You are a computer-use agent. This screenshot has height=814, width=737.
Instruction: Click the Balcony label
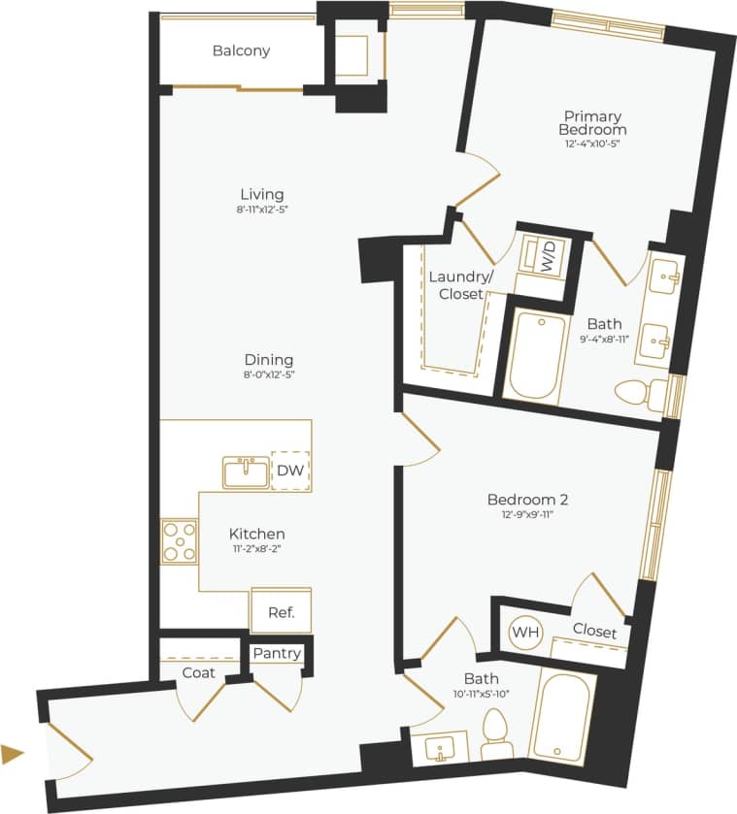[241, 50]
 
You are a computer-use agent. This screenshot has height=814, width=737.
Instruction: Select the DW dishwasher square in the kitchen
[290, 471]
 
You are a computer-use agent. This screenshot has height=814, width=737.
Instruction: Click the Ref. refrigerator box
[281, 611]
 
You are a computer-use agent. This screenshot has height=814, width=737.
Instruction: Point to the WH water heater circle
[525, 633]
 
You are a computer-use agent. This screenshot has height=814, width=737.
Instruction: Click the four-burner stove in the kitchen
[179, 541]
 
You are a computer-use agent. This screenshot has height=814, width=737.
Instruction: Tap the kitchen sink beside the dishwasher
[246, 472]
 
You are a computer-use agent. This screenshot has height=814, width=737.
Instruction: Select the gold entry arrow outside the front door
[13, 753]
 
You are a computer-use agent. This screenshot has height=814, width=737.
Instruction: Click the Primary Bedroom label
[591, 123]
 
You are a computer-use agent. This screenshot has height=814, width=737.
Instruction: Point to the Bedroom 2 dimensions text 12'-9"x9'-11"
[527, 516]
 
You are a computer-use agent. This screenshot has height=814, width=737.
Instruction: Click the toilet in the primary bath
[641, 394]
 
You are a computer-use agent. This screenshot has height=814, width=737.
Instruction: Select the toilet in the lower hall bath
[494, 736]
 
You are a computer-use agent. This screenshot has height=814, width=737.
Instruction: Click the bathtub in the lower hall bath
[562, 719]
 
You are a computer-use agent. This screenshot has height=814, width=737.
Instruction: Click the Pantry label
[277, 654]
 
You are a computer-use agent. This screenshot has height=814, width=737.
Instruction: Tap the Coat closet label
[198, 672]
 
